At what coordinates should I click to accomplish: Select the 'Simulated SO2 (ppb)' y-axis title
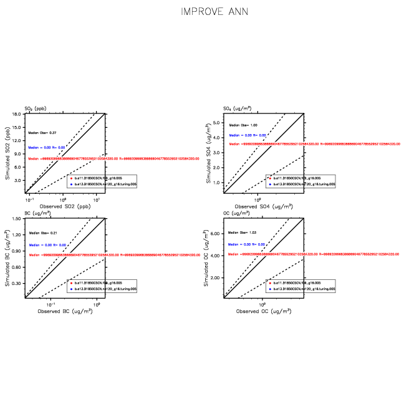click(7, 153)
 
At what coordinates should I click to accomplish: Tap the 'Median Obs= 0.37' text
click(42, 133)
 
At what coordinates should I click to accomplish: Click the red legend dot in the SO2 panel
click(71, 178)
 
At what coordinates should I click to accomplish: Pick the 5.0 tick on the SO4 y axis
click(218, 123)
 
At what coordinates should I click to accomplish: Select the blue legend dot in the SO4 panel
click(269, 184)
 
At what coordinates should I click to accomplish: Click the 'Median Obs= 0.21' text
click(42, 233)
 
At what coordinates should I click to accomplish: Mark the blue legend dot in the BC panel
click(71, 289)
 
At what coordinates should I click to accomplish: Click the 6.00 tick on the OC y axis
click(216, 234)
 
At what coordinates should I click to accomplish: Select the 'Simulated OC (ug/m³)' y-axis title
click(207, 258)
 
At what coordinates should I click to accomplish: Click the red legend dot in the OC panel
click(269, 283)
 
